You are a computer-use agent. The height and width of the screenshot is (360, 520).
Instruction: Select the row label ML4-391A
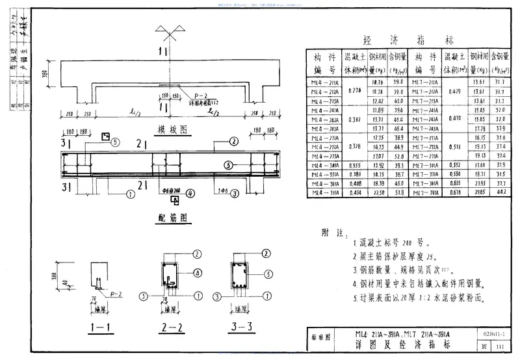(328, 192)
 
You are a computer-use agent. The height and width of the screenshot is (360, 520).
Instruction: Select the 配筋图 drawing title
(157, 216)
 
